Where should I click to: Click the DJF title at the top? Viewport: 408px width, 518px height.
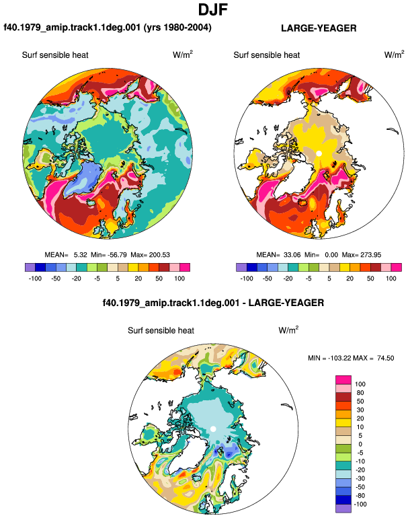click(x=213, y=9)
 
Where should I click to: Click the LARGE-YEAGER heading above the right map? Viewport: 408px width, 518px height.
click(x=319, y=28)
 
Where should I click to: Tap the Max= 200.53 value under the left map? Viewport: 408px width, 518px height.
click(x=150, y=255)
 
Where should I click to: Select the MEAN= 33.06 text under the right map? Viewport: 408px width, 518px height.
click(x=278, y=255)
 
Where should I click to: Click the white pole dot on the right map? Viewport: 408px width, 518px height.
click(x=319, y=153)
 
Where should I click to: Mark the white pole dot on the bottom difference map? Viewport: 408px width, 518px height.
click(x=213, y=429)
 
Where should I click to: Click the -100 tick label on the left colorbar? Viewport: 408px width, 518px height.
click(x=35, y=279)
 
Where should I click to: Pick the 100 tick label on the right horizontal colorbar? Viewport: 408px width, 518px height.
click(x=391, y=279)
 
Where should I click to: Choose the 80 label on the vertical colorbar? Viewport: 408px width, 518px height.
click(x=360, y=393)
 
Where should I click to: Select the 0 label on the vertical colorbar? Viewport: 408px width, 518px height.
click(x=360, y=444)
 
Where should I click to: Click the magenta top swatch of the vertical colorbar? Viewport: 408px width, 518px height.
click(x=343, y=380)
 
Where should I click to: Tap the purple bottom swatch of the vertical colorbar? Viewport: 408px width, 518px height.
click(x=343, y=509)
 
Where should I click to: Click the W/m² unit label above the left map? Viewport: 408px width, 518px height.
click(x=183, y=54)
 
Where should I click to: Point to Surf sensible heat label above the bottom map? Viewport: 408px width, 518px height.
click(x=161, y=330)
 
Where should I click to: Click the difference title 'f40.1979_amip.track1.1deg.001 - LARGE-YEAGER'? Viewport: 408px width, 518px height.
click(x=213, y=303)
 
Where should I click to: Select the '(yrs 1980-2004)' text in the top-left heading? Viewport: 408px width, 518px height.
click(x=177, y=28)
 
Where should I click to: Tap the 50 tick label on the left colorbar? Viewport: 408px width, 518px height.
click(x=159, y=279)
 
